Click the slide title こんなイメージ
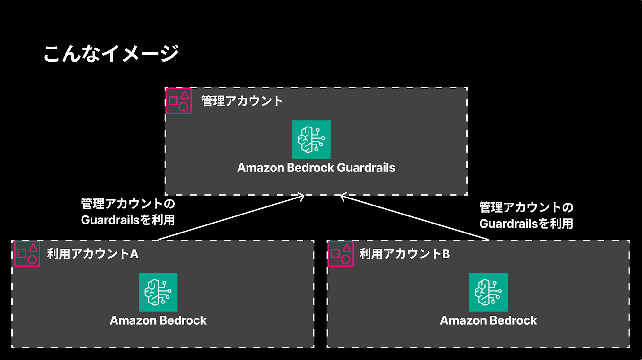point(111,53)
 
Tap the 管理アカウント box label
point(242,101)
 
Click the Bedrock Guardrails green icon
point(311,139)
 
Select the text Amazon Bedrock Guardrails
point(316,168)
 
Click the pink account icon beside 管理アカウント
point(178,101)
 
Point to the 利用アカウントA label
point(93,254)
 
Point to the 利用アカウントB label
point(404,254)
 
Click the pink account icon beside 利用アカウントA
point(27,254)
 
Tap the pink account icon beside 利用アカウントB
point(341,254)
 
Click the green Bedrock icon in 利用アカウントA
point(158,292)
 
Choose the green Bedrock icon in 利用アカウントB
point(488,292)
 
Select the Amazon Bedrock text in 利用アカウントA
point(158,320)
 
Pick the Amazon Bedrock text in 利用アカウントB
point(488,320)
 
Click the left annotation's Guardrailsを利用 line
point(128,220)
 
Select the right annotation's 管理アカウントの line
point(526,207)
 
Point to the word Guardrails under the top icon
point(366,168)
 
